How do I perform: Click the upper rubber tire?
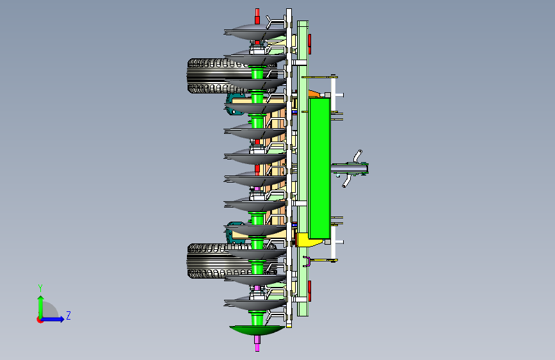213,76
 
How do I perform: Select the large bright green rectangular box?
319,168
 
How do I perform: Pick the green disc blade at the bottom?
257,330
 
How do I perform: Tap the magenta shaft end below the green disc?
257,343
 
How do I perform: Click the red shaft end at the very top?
257,16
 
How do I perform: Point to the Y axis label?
40,288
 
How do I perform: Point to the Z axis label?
68,315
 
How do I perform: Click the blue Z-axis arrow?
53,319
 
